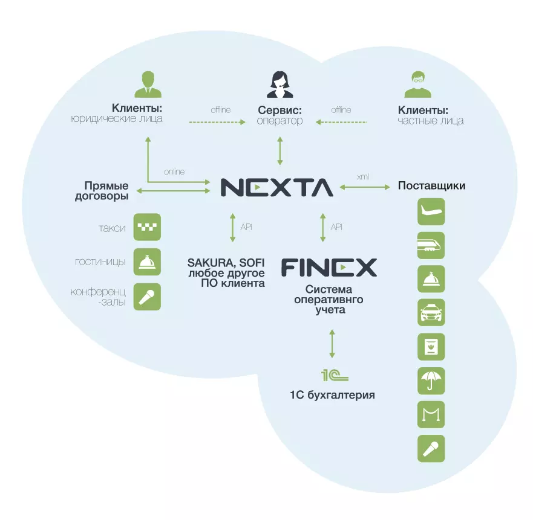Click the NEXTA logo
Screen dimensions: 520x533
point(276,187)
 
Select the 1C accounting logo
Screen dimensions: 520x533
point(334,376)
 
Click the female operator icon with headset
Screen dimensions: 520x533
point(280,85)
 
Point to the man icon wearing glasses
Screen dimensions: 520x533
point(417,85)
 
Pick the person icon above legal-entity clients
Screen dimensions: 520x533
point(148,85)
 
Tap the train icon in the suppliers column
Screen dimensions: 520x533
point(431,246)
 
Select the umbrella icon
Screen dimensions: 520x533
point(431,381)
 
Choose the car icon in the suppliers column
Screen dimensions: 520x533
point(431,313)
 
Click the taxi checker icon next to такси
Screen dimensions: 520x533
point(147,228)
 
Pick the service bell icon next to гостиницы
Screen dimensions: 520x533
point(147,262)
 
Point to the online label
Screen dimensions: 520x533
point(174,172)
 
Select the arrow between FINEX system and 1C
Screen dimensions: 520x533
point(332,344)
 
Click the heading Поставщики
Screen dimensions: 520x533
point(431,185)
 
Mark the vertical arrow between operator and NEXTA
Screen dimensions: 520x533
point(280,150)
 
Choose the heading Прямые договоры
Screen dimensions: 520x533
point(106,191)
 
